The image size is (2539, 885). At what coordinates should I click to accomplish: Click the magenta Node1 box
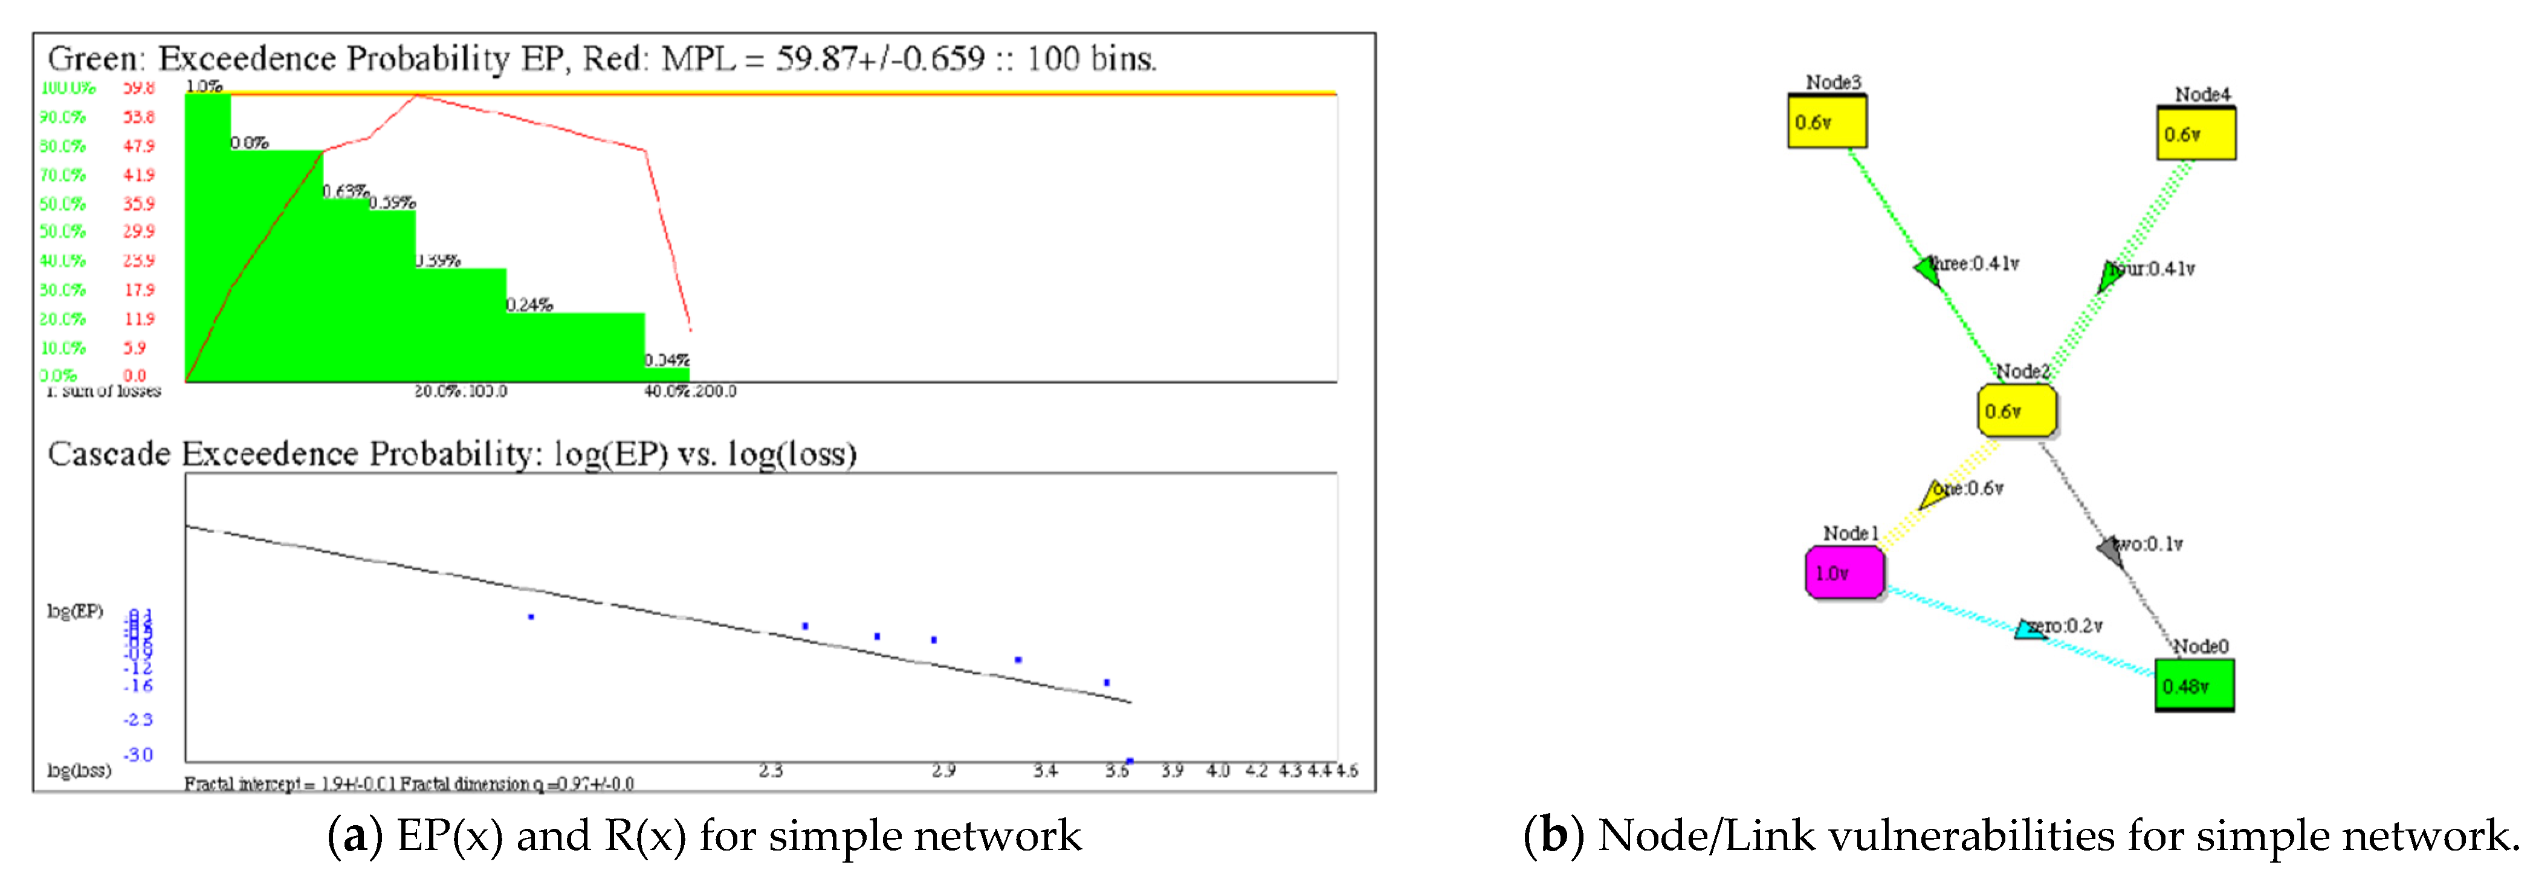(1844, 573)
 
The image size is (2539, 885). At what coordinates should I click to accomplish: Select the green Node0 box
(2194, 685)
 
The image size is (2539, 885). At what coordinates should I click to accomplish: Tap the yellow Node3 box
(1826, 122)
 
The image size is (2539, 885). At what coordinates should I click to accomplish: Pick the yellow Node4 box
(2196, 134)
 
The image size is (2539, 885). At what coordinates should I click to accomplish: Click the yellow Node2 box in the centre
(2017, 410)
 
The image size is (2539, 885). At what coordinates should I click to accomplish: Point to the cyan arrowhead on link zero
(2030, 629)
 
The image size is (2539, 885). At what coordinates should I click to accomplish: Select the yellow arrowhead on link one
(1933, 493)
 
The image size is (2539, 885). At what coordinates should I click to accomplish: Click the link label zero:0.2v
(2066, 626)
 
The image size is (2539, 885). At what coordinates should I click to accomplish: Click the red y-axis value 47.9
(139, 146)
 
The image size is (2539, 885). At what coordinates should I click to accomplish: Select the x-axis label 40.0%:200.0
(690, 391)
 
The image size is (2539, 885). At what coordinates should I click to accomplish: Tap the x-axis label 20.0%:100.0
(461, 391)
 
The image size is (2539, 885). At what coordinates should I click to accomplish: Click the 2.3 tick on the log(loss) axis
(771, 771)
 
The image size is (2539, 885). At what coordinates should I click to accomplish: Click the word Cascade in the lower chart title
(108, 454)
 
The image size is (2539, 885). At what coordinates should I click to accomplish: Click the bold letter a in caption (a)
(355, 835)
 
